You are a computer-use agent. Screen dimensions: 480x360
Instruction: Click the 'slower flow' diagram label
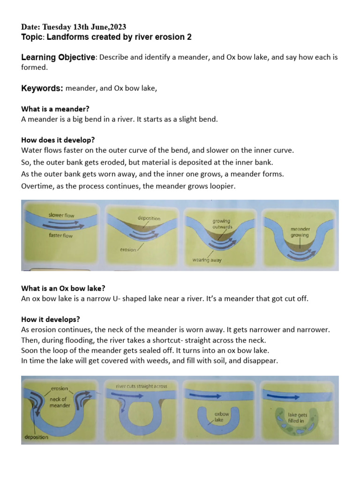pyautogui.click(x=61, y=215)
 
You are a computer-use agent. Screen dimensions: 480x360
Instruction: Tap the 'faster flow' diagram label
pyautogui.click(x=61, y=236)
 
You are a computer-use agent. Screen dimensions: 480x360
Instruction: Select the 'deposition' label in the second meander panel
pyautogui.click(x=149, y=218)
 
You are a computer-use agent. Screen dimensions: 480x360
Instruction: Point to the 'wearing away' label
pyautogui.click(x=207, y=259)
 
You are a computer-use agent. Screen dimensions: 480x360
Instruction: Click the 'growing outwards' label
pyautogui.click(x=222, y=224)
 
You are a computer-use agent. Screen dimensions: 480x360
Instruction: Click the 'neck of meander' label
pyautogui.click(x=60, y=402)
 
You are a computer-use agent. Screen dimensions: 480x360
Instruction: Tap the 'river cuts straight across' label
pyautogui.click(x=141, y=386)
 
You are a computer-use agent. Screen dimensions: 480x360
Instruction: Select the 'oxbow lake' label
pyautogui.click(x=221, y=417)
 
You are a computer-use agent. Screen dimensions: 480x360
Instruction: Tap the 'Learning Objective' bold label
pyautogui.click(x=58, y=57)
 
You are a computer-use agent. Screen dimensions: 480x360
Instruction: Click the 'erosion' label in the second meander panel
pyautogui.click(x=127, y=250)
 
